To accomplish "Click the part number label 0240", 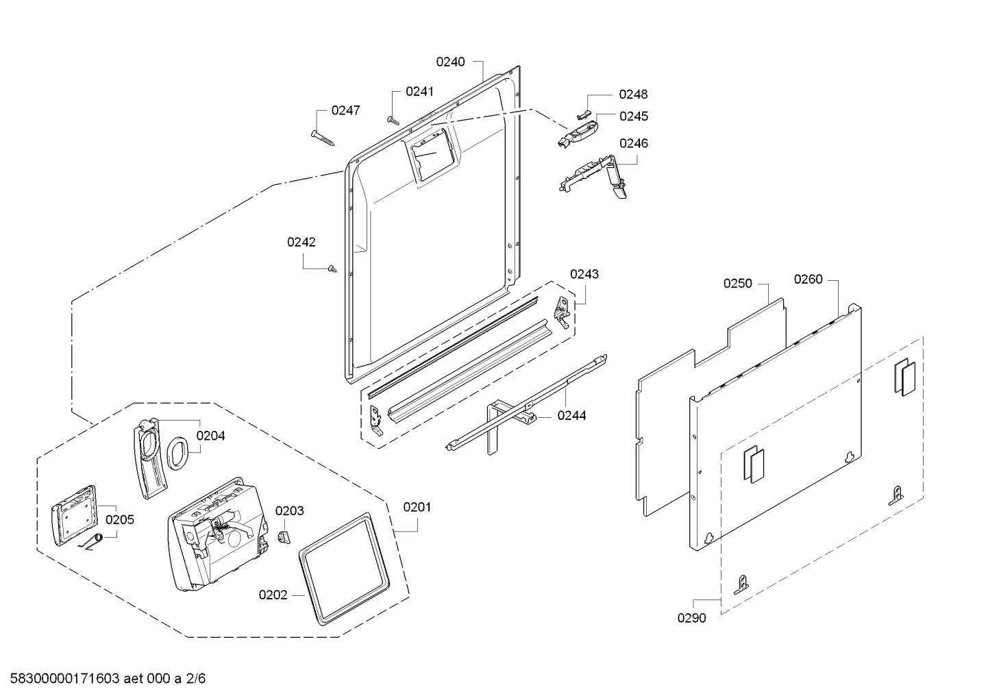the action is coord(450,62).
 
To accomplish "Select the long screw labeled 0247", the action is coord(323,138).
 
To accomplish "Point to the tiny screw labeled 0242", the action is coord(332,269).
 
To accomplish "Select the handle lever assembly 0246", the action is coord(593,177).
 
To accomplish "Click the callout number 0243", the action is coord(584,274).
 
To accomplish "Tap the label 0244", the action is coord(571,415).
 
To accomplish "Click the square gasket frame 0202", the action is coord(344,569).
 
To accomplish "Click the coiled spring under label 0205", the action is coord(92,542).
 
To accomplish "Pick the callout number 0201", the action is coord(417,508).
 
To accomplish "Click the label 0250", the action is coord(737,284).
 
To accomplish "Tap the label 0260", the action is coord(808,279).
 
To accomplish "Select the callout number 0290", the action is coord(691,618).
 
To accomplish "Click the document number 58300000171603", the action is coord(65,679).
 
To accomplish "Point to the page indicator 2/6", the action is coord(196,679).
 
